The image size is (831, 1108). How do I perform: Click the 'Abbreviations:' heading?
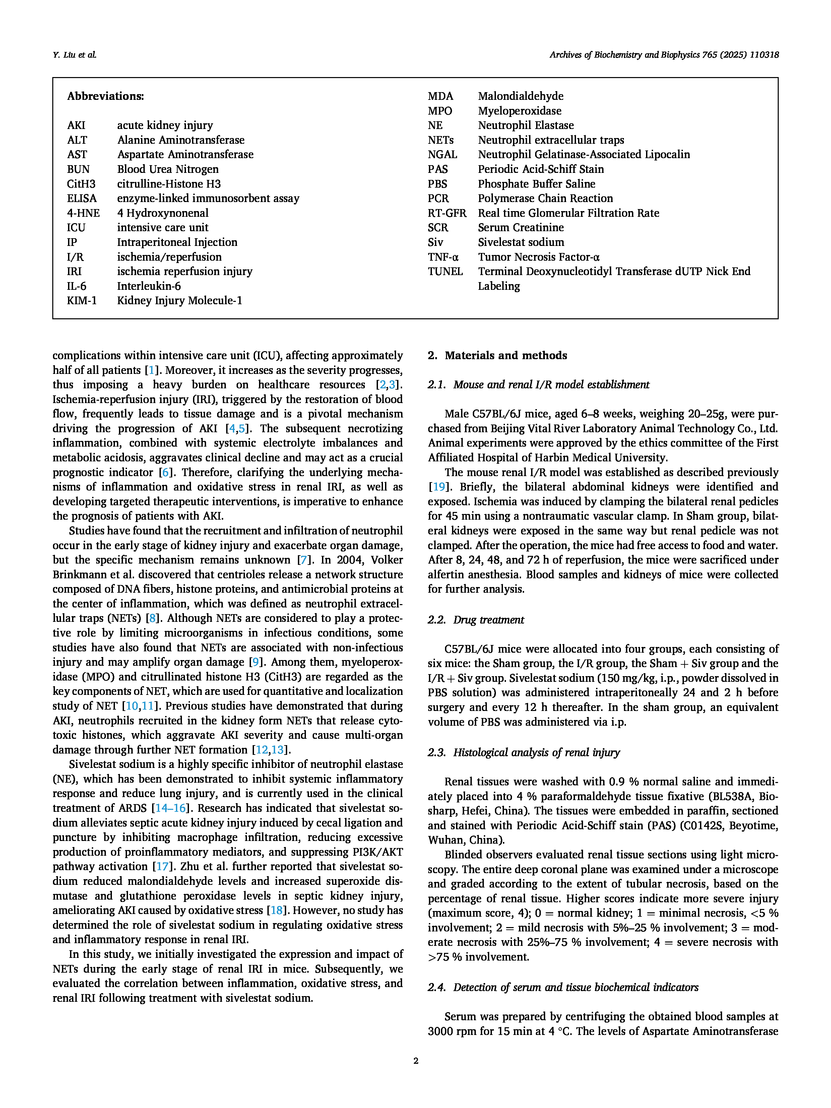[x=105, y=96]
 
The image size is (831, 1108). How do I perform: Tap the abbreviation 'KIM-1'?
[x=82, y=301]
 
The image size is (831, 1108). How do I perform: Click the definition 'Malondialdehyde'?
[x=520, y=96]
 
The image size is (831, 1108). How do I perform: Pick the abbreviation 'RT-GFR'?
[x=447, y=213]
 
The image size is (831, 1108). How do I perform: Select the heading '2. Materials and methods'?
[x=497, y=355]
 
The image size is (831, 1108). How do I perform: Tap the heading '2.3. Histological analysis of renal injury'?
[x=523, y=753]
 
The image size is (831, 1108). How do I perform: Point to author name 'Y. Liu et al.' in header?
[x=74, y=55]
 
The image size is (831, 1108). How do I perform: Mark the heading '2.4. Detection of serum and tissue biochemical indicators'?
[x=563, y=987]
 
